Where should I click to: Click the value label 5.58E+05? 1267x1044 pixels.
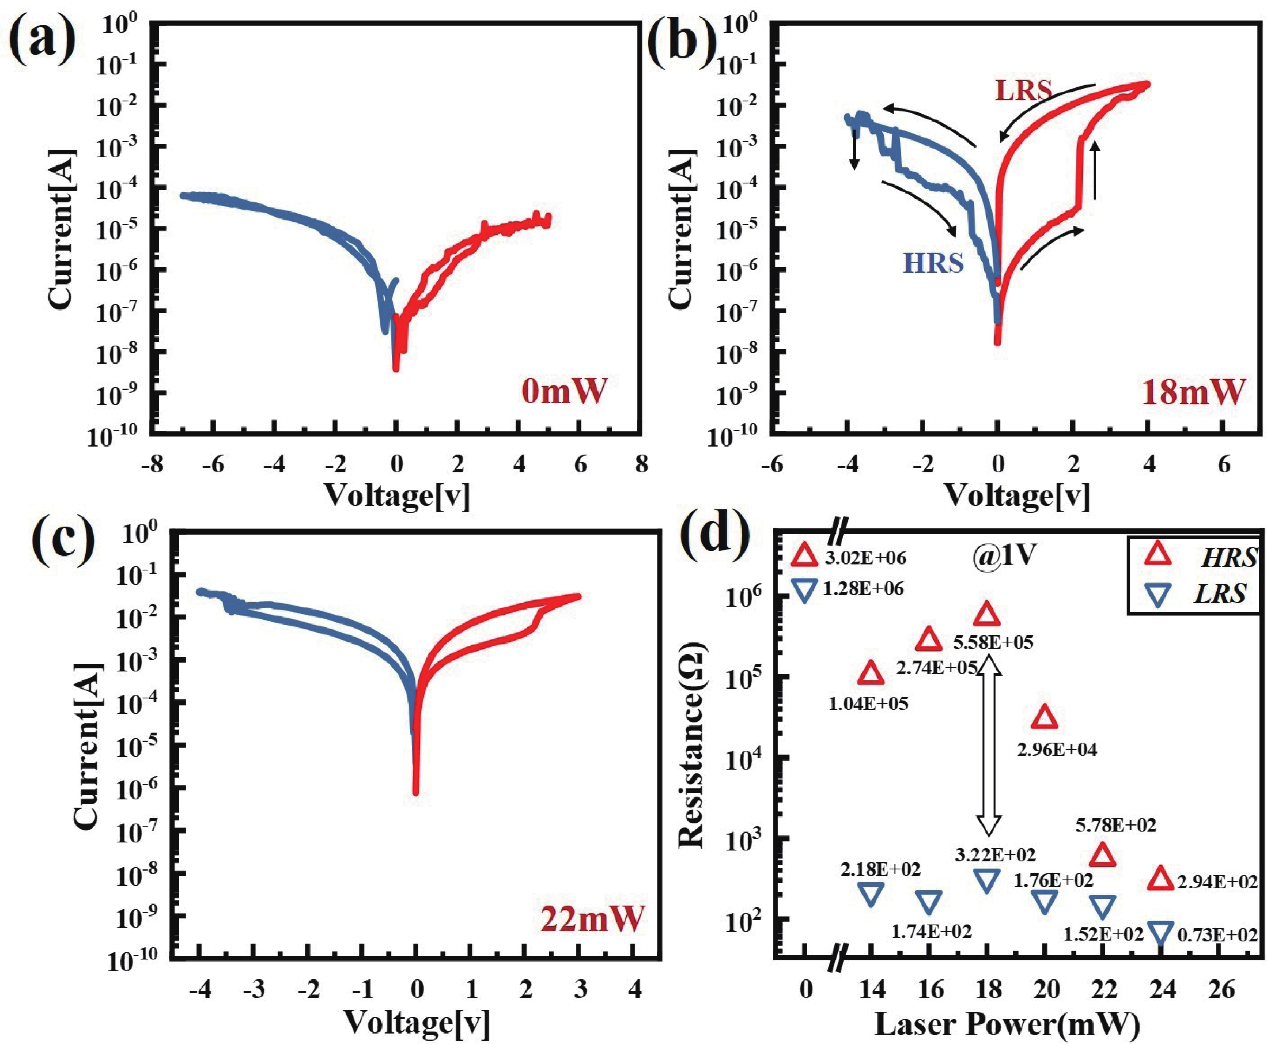point(993,642)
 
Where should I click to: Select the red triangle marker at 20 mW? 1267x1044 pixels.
point(1045,717)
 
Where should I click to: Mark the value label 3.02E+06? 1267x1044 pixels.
point(865,558)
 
